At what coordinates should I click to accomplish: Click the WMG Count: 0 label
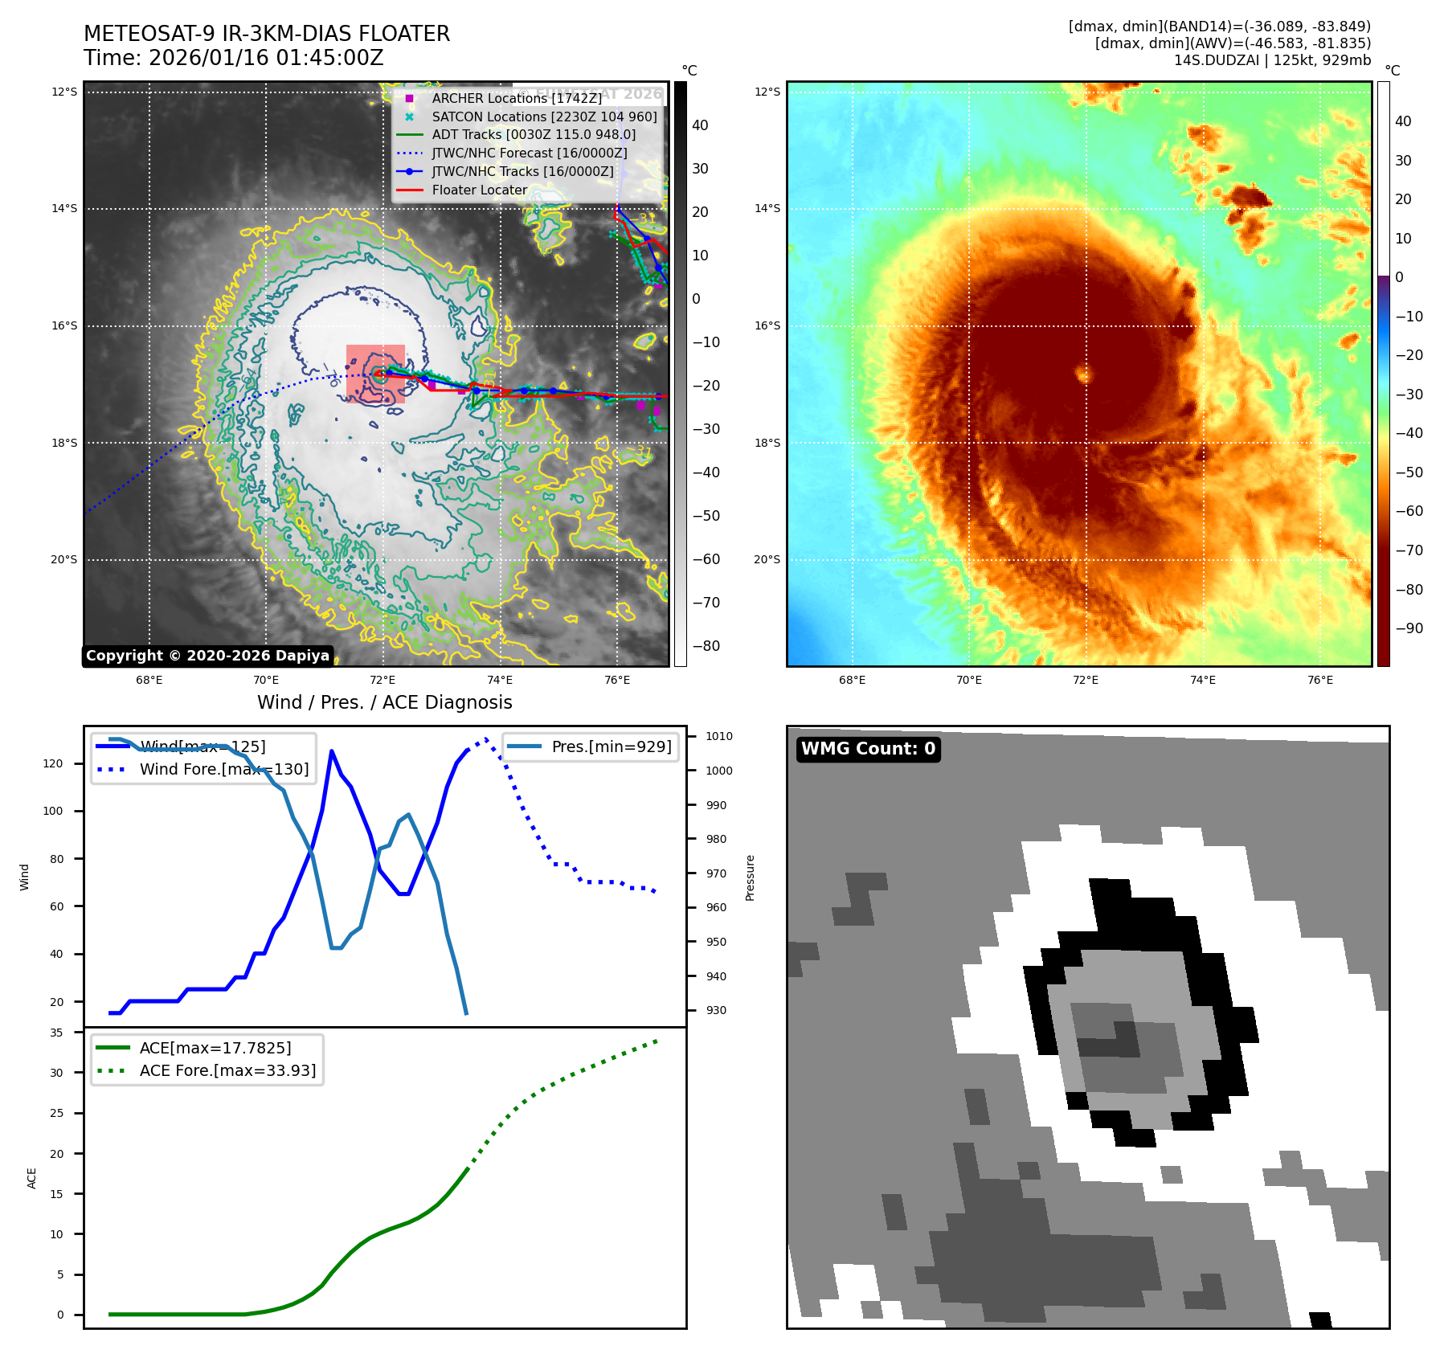click(x=868, y=749)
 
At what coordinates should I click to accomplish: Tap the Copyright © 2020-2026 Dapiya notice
click(x=207, y=656)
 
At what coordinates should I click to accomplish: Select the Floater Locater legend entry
click(x=479, y=190)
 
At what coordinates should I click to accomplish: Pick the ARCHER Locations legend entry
click(x=516, y=98)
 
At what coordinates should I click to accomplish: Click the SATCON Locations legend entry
click(x=544, y=117)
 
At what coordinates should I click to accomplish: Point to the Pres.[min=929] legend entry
click(x=611, y=746)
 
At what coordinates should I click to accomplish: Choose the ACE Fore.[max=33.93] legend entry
click(x=227, y=1070)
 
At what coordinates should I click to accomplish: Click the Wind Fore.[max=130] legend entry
click(x=223, y=769)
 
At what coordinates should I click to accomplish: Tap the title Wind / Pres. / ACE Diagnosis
click(x=384, y=702)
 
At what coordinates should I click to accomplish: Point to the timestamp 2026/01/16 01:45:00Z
click(x=266, y=59)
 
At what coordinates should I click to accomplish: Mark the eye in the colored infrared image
click(x=1084, y=374)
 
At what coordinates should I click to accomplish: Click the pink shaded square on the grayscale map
click(x=375, y=374)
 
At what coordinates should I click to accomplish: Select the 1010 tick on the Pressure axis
click(x=718, y=736)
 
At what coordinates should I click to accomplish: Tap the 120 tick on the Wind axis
click(x=53, y=763)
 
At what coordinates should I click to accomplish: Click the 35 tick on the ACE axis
click(x=56, y=1033)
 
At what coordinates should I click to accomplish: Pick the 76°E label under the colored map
click(x=1319, y=680)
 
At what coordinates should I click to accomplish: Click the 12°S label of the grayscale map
click(x=64, y=92)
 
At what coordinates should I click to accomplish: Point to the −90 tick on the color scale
click(x=1409, y=628)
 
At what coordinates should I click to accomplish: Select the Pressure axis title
click(x=750, y=877)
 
